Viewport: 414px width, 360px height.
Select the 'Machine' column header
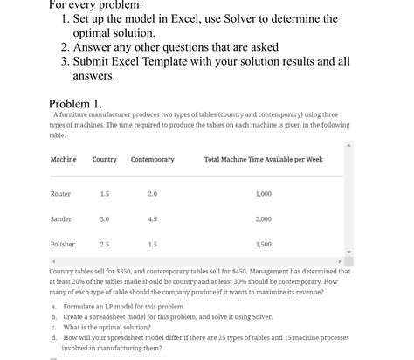click(63, 160)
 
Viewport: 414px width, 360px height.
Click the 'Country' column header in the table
click(104, 160)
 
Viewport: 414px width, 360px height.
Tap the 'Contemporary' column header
click(152, 160)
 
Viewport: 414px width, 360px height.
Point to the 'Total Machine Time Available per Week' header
click(263, 160)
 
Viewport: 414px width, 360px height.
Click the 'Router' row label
click(60, 194)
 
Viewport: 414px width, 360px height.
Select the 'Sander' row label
click(61, 219)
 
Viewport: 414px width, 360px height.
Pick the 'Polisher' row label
click(62, 245)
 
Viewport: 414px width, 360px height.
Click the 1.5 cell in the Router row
click(105, 194)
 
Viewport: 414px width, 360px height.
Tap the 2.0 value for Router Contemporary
click(152, 194)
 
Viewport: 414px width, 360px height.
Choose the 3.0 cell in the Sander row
click(105, 219)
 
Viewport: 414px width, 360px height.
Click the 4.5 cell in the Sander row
click(152, 219)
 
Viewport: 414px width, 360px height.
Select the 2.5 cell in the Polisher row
click(105, 245)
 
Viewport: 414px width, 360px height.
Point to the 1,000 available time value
click(263, 194)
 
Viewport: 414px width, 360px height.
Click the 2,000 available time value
click(263, 219)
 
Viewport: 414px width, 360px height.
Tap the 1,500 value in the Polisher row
click(263, 245)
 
